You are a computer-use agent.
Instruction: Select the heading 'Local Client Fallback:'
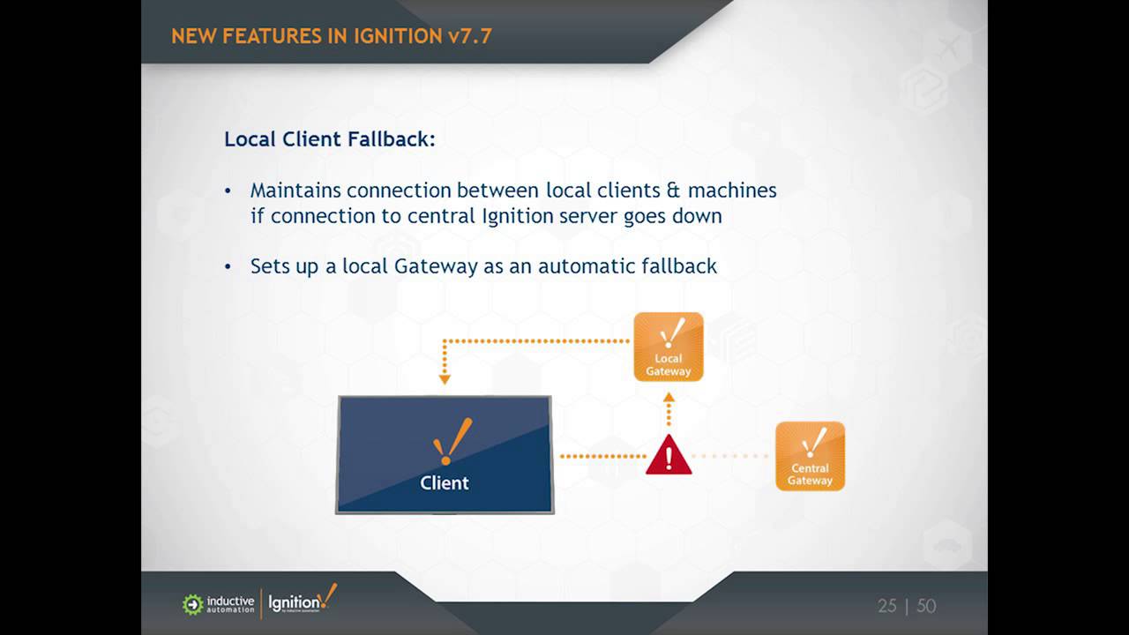pyautogui.click(x=330, y=139)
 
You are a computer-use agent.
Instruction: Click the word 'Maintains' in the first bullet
pyautogui.click(x=295, y=190)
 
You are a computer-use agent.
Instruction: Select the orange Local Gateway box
pyautogui.click(x=669, y=347)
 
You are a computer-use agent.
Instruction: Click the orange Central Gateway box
pyautogui.click(x=810, y=456)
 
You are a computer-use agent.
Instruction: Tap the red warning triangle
pyautogui.click(x=669, y=456)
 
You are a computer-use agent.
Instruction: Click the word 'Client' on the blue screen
pyautogui.click(x=445, y=483)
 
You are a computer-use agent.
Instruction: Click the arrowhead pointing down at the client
pyautogui.click(x=445, y=379)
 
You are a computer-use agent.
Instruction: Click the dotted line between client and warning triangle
pyautogui.click(x=602, y=456)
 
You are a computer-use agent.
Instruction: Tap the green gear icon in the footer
pyautogui.click(x=192, y=604)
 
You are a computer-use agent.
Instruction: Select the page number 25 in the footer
pyautogui.click(x=887, y=606)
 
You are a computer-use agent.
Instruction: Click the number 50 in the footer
pyautogui.click(x=926, y=606)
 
